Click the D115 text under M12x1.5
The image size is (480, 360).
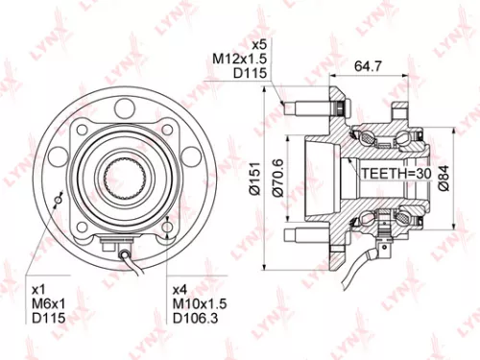(x=252, y=74)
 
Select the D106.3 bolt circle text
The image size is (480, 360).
(x=194, y=318)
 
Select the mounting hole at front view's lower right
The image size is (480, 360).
(x=169, y=228)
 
